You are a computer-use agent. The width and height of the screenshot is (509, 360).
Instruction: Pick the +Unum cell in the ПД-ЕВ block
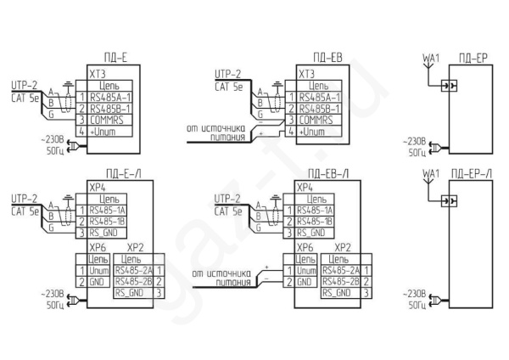[x=319, y=132]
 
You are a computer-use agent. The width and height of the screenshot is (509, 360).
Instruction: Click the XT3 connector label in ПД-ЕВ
[x=306, y=75]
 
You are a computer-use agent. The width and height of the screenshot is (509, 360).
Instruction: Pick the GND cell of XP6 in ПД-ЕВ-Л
[x=305, y=280]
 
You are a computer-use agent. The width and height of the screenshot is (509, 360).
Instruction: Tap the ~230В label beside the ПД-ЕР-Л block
[x=417, y=290]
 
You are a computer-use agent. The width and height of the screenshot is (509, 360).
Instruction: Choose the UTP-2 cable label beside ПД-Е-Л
[x=23, y=199]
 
